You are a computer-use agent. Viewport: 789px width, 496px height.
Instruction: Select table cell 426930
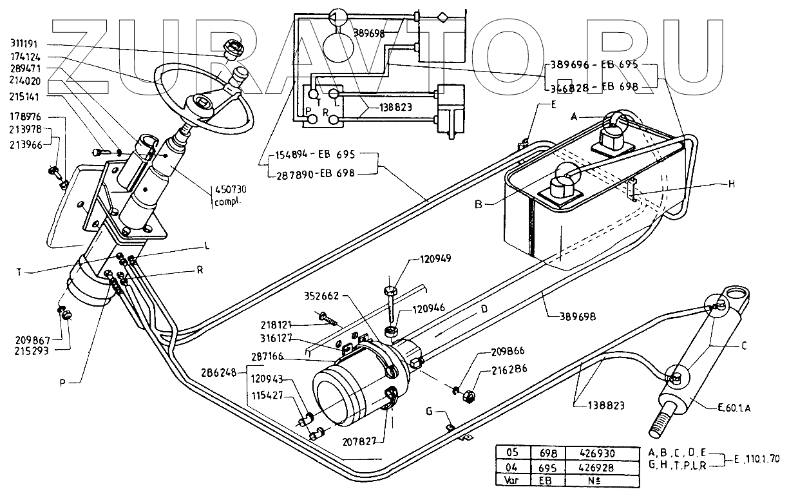[x=594, y=453]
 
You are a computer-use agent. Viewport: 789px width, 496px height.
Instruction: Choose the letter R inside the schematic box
[x=326, y=111]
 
